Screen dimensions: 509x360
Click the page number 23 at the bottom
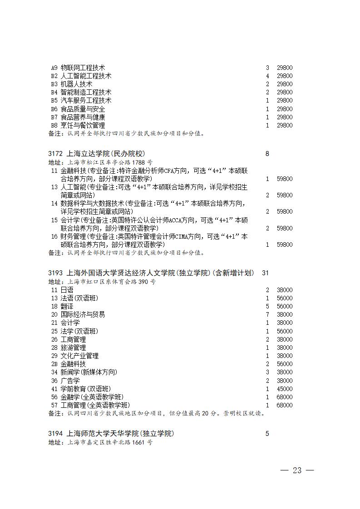pos(297,470)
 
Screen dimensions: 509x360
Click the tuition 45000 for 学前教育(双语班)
pos(285,389)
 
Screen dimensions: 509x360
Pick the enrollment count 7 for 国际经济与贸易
pos(267,314)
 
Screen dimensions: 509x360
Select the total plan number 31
pos(266,273)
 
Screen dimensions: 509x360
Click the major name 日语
pos(67,290)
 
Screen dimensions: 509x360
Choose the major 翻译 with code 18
pos(67,306)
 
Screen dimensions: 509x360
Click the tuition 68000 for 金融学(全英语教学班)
pos(285,397)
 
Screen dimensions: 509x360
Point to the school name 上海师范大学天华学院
pos(120,434)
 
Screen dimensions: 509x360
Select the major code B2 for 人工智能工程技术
pos(54,76)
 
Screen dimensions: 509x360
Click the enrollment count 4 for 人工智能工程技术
pos(267,76)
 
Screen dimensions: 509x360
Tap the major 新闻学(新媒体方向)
pos(89,372)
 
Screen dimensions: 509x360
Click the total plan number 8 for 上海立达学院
pos(267,154)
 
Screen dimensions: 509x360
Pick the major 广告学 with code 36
pos(70,381)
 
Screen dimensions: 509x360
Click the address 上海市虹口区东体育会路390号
pos(111,281)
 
